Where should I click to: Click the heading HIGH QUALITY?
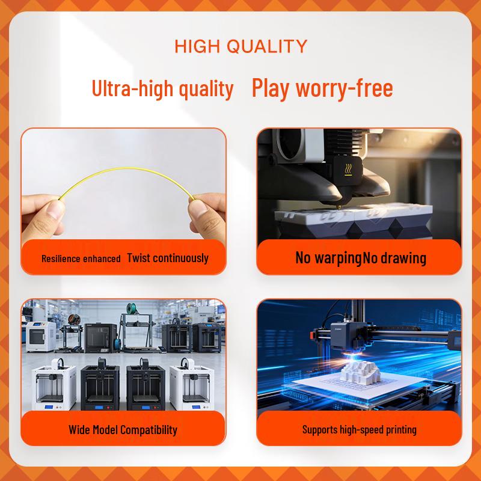(240, 46)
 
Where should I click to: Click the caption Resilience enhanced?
(81, 259)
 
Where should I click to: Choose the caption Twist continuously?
(168, 258)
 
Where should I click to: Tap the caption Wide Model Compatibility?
(123, 429)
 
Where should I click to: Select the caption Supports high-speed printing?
(359, 429)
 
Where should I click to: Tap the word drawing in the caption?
(404, 258)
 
